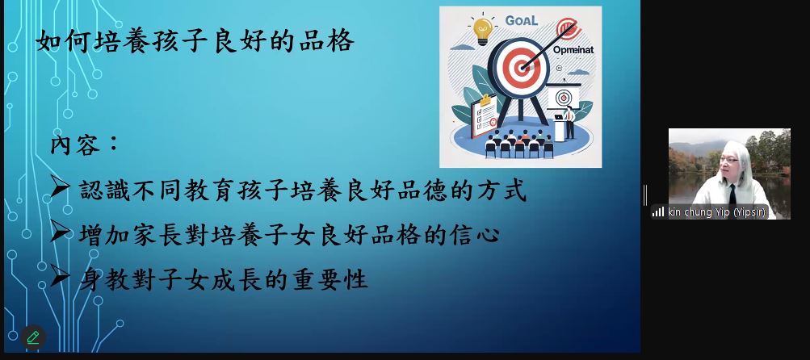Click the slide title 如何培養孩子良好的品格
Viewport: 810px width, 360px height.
(195, 41)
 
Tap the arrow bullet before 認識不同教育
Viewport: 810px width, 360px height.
(60, 189)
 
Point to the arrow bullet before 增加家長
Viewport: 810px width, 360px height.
(60, 233)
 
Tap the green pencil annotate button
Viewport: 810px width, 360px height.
(33, 337)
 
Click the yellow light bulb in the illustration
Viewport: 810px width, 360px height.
(482, 29)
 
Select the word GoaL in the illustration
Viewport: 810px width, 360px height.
(521, 21)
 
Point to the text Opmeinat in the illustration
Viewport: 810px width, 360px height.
(573, 51)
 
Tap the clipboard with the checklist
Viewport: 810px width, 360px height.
(483, 115)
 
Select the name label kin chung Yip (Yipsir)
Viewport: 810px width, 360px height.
(716, 212)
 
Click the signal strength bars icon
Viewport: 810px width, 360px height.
(658, 211)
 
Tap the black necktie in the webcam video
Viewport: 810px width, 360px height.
(732, 195)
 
